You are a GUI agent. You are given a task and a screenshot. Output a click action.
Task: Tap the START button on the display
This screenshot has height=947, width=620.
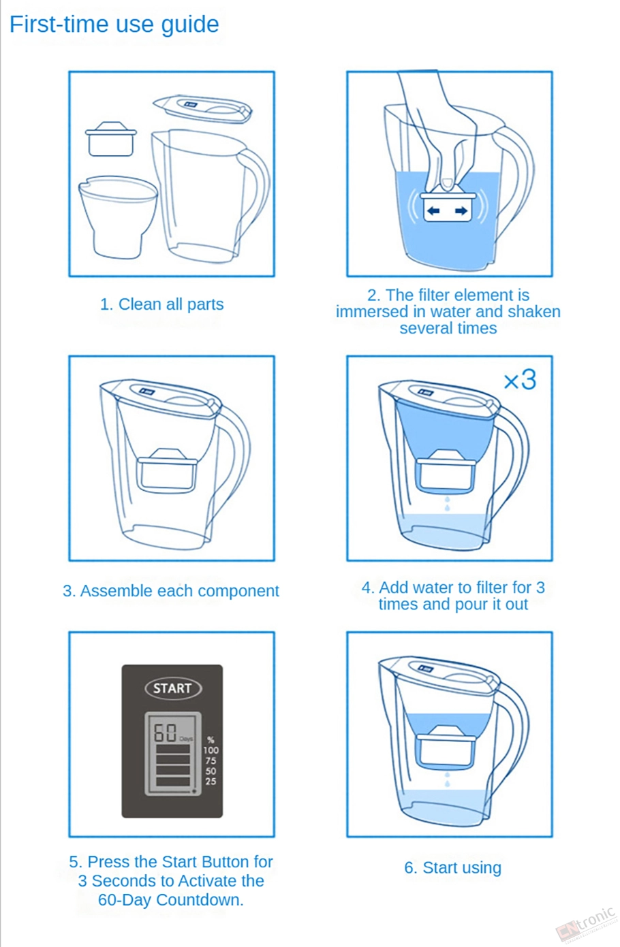(x=173, y=688)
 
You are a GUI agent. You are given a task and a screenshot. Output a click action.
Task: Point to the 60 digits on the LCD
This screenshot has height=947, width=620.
(x=165, y=733)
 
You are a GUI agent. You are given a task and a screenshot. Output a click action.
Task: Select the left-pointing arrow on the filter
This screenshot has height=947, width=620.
(x=433, y=210)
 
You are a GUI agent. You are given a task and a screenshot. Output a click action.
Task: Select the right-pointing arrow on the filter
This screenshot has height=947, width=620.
(x=461, y=210)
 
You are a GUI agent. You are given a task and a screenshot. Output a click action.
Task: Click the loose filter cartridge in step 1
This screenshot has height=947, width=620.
(x=111, y=139)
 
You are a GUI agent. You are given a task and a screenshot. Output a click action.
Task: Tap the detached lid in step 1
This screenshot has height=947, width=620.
(x=202, y=109)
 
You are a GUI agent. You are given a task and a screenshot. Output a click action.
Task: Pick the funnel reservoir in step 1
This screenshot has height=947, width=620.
(x=118, y=216)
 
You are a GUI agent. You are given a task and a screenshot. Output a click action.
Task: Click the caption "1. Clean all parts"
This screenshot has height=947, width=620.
(x=161, y=304)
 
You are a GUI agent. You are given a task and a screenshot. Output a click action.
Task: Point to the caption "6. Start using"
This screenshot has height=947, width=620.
(x=452, y=867)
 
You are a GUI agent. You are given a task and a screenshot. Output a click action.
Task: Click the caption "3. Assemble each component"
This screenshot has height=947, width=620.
(x=170, y=591)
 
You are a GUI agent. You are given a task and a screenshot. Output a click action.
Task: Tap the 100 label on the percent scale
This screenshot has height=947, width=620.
(x=211, y=750)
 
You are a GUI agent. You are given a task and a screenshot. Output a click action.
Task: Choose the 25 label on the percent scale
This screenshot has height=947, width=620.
(x=211, y=782)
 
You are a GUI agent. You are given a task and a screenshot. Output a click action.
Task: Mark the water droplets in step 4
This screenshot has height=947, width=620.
(x=448, y=504)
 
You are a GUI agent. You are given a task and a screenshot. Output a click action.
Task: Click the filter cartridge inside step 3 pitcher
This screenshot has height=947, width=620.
(x=167, y=470)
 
